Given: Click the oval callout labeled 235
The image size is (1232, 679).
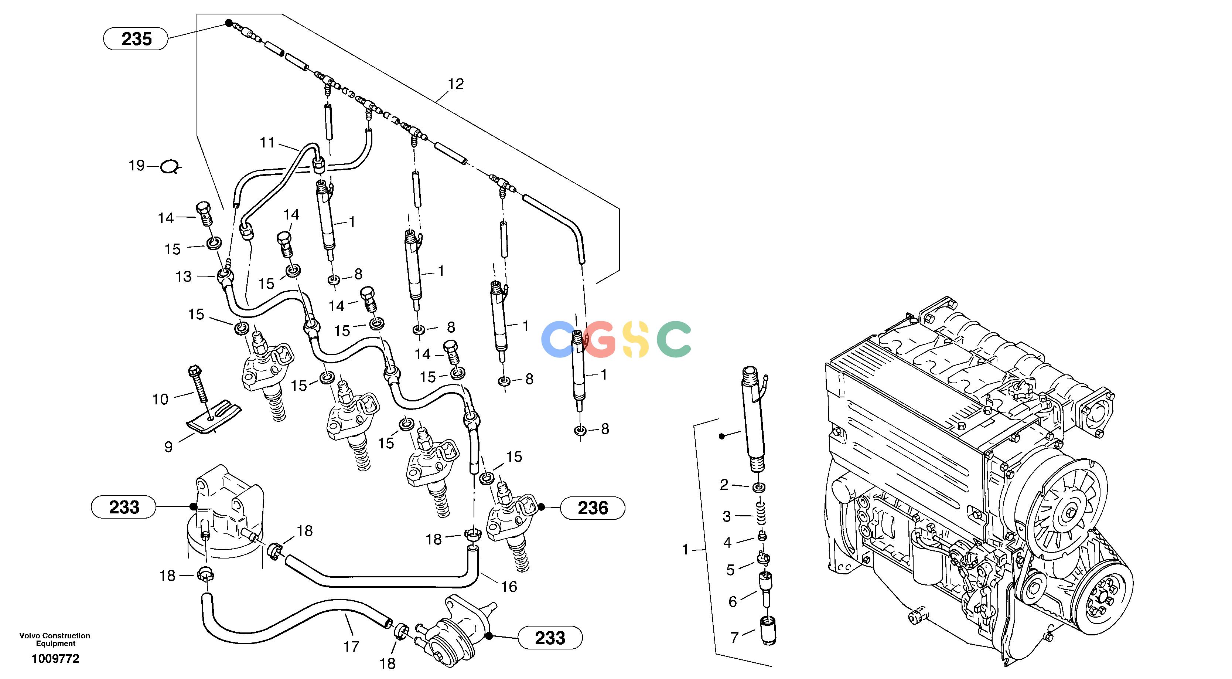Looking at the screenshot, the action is (x=136, y=39).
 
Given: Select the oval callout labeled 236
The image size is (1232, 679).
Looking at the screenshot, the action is (x=593, y=508).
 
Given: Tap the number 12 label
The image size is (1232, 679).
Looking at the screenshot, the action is (x=456, y=84).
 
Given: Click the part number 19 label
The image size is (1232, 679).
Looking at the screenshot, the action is (x=137, y=166).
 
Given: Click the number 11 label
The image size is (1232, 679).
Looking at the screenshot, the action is (x=268, y=143).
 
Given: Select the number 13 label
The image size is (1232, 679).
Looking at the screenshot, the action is (x=183, y=276).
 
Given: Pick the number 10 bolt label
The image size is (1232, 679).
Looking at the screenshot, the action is (x=160, y=399).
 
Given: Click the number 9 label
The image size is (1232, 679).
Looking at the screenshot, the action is (x=168, y=447).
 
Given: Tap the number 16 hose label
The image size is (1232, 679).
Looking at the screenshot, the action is (x=509, y=587).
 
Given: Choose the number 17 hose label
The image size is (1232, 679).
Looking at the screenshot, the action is (x=351, y=647).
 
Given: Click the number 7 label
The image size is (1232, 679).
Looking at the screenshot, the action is (x=735, y=637).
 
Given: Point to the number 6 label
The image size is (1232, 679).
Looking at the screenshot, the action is (x=733, y=601).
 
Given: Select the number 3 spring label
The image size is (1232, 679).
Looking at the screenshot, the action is (x=727, y=516).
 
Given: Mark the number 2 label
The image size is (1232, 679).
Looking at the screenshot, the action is (x=724, y=485).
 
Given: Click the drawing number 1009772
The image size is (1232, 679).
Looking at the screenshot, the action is (x=55, y=659).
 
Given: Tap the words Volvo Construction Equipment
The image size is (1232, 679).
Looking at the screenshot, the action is (x=55, y=639).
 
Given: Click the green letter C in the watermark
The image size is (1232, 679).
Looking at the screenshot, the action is (x=674, y=339).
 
